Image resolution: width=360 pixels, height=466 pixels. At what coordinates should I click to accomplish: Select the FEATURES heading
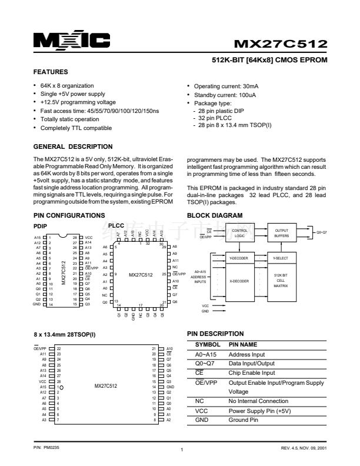point(51,72)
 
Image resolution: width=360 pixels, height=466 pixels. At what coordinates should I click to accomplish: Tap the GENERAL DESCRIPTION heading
point(73,147)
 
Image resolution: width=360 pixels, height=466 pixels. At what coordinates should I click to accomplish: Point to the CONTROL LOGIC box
point(239,233)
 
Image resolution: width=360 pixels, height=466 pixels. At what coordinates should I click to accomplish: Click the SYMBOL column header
point(208,344)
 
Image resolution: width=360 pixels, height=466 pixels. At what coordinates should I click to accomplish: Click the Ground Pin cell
point(246,421)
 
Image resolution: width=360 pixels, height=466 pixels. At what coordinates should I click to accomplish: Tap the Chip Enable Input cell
point(252,373)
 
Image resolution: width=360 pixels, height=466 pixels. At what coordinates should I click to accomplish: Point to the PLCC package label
point(116,225)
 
